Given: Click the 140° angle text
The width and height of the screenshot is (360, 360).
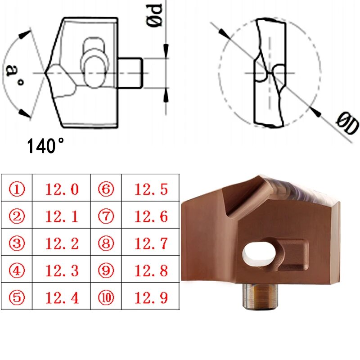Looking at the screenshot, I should (x=46, y=146).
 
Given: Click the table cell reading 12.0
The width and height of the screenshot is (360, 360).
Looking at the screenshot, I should (x=62, y=189).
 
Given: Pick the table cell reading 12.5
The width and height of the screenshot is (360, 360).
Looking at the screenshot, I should (x=151, y=189).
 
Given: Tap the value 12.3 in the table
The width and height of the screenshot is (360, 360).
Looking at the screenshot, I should (x=62, y=271).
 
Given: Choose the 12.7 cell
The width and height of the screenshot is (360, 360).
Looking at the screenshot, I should (x=151, y=244).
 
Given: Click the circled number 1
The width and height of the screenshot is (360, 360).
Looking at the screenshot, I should (x=17, y=189).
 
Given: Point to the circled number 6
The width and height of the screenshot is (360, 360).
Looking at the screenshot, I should (x=106, y=189).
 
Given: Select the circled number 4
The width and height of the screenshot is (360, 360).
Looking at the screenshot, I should (x=17, y=271).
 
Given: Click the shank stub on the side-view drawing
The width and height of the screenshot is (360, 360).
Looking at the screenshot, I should (x=131, y=72).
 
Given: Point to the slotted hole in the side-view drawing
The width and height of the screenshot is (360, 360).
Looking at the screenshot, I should (x=94, y=63).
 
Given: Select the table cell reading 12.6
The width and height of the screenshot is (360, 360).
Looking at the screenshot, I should (x=151, y=216).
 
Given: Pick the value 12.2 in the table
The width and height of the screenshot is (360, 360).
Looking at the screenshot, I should (x=62, y=244).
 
